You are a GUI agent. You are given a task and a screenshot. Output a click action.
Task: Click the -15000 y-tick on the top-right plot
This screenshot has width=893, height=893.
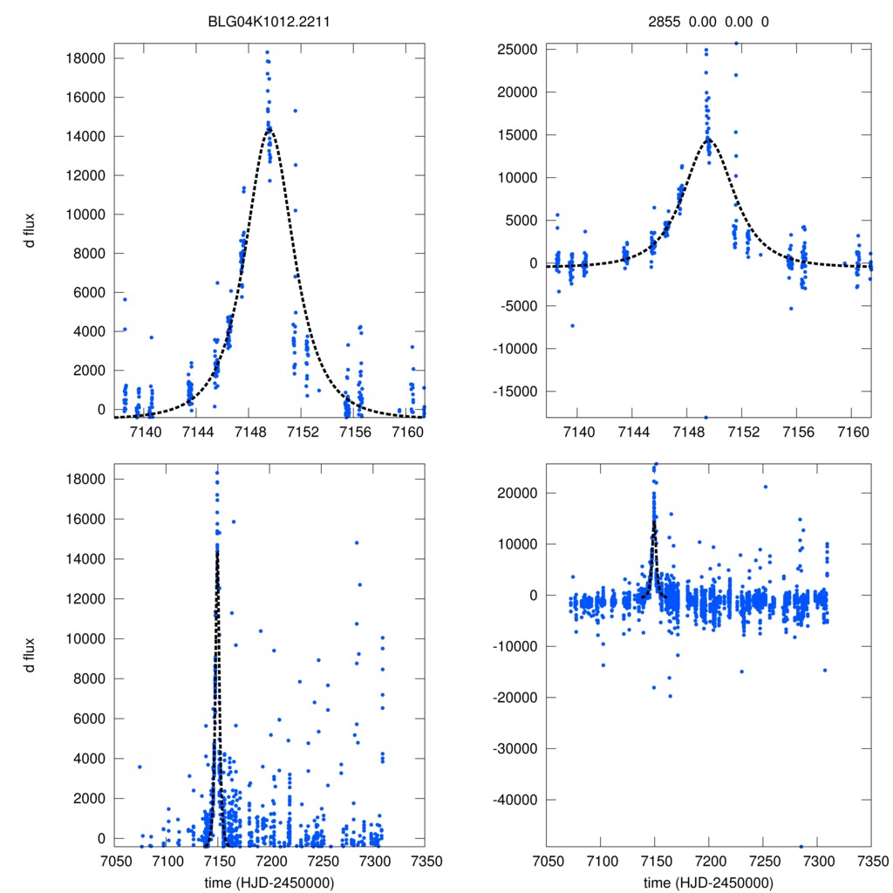(x=515, y=391)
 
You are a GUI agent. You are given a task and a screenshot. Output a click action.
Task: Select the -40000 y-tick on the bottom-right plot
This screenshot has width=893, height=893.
(x=515, y=800)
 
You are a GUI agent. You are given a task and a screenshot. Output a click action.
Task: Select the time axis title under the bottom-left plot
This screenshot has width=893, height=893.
(x=269, y=882)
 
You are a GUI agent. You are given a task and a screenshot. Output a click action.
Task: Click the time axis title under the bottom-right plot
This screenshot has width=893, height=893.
(x=708, y=882)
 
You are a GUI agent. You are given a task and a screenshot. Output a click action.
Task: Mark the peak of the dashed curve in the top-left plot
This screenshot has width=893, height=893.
(x=269, y=128)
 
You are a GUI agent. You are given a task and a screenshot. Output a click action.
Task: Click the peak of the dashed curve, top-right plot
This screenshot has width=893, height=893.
(x=708, y=138)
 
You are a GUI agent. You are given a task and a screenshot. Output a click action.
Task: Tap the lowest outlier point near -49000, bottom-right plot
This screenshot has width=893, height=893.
(x=801, y=846)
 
